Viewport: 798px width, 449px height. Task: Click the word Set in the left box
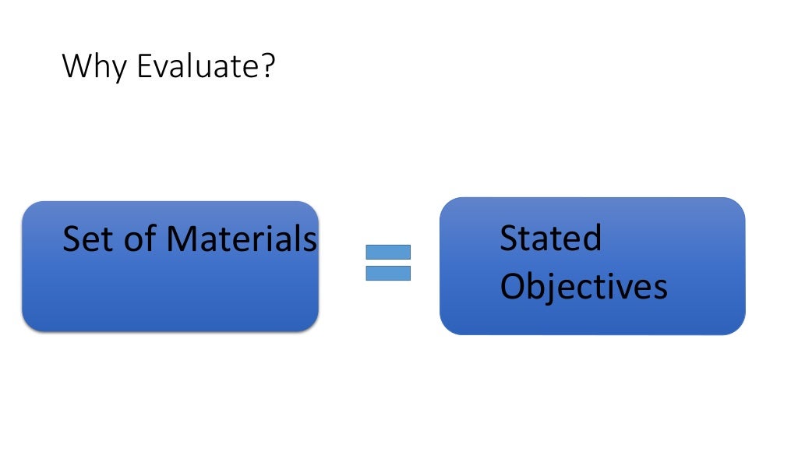coord(89,239)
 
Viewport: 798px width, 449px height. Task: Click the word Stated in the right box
coord(550,238)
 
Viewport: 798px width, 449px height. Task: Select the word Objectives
coord(583,287)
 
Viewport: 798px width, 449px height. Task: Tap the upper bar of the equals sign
coord(387,252)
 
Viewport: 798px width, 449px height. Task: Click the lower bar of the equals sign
coord(387,273)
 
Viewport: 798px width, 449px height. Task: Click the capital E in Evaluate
coord(144,67)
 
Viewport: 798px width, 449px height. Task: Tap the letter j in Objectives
coord(553,288)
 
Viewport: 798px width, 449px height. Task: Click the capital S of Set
coord(72,239)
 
